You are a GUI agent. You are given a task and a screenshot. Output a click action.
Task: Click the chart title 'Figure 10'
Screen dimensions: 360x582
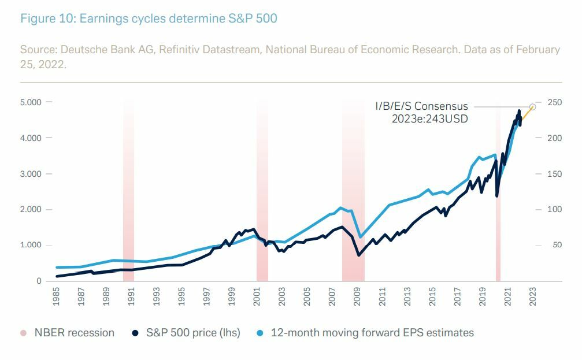click(x=149, y=18)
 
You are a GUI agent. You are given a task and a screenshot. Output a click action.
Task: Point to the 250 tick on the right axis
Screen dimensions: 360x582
click(x=554, y=102)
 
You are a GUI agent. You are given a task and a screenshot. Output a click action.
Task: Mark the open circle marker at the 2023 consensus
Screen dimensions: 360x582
click(x=533, y=107)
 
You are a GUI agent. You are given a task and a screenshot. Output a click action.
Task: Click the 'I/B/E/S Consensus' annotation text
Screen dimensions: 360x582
click(x=421, y=106)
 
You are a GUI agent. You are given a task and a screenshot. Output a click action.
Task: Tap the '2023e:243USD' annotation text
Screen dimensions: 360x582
click(x=429, y=119)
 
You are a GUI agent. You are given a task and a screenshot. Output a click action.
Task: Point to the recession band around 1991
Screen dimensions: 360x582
click(x=128, y=191)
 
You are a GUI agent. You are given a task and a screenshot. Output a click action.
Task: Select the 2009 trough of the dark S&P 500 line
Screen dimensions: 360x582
click(x=358, y=255)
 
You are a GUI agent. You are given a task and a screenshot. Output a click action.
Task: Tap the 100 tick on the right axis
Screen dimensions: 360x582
click(x=554, y=209)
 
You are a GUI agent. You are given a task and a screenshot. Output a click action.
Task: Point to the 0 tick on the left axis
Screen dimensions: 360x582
click(x=39, y=281)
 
